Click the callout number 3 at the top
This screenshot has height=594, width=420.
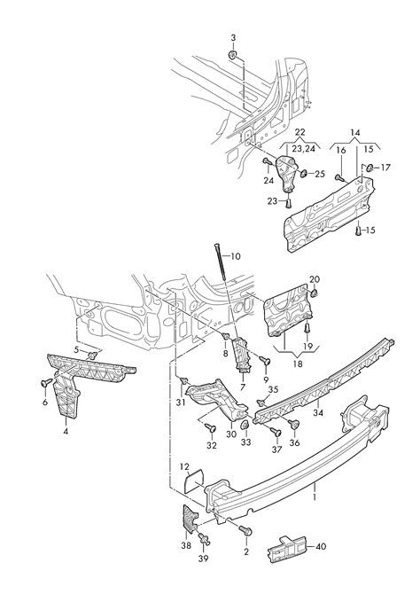click(233, 38)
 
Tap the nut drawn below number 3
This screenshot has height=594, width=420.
click(233, 55)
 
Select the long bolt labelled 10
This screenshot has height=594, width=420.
click(220, 262)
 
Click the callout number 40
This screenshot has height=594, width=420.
click(321, 546)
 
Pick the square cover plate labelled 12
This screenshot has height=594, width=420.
click(194, 481)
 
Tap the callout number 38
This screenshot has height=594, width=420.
click(186, 547)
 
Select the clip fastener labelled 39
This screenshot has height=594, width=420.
click(204, 539)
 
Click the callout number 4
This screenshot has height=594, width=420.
click(66, 431)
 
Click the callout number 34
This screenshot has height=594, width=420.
click(318, 412)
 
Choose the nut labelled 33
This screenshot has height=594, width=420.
click(245, 425)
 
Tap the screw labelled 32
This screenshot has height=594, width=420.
click(211, 428)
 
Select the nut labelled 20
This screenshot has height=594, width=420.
click(314, 293)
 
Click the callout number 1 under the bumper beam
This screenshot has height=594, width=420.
click(314, 496)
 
